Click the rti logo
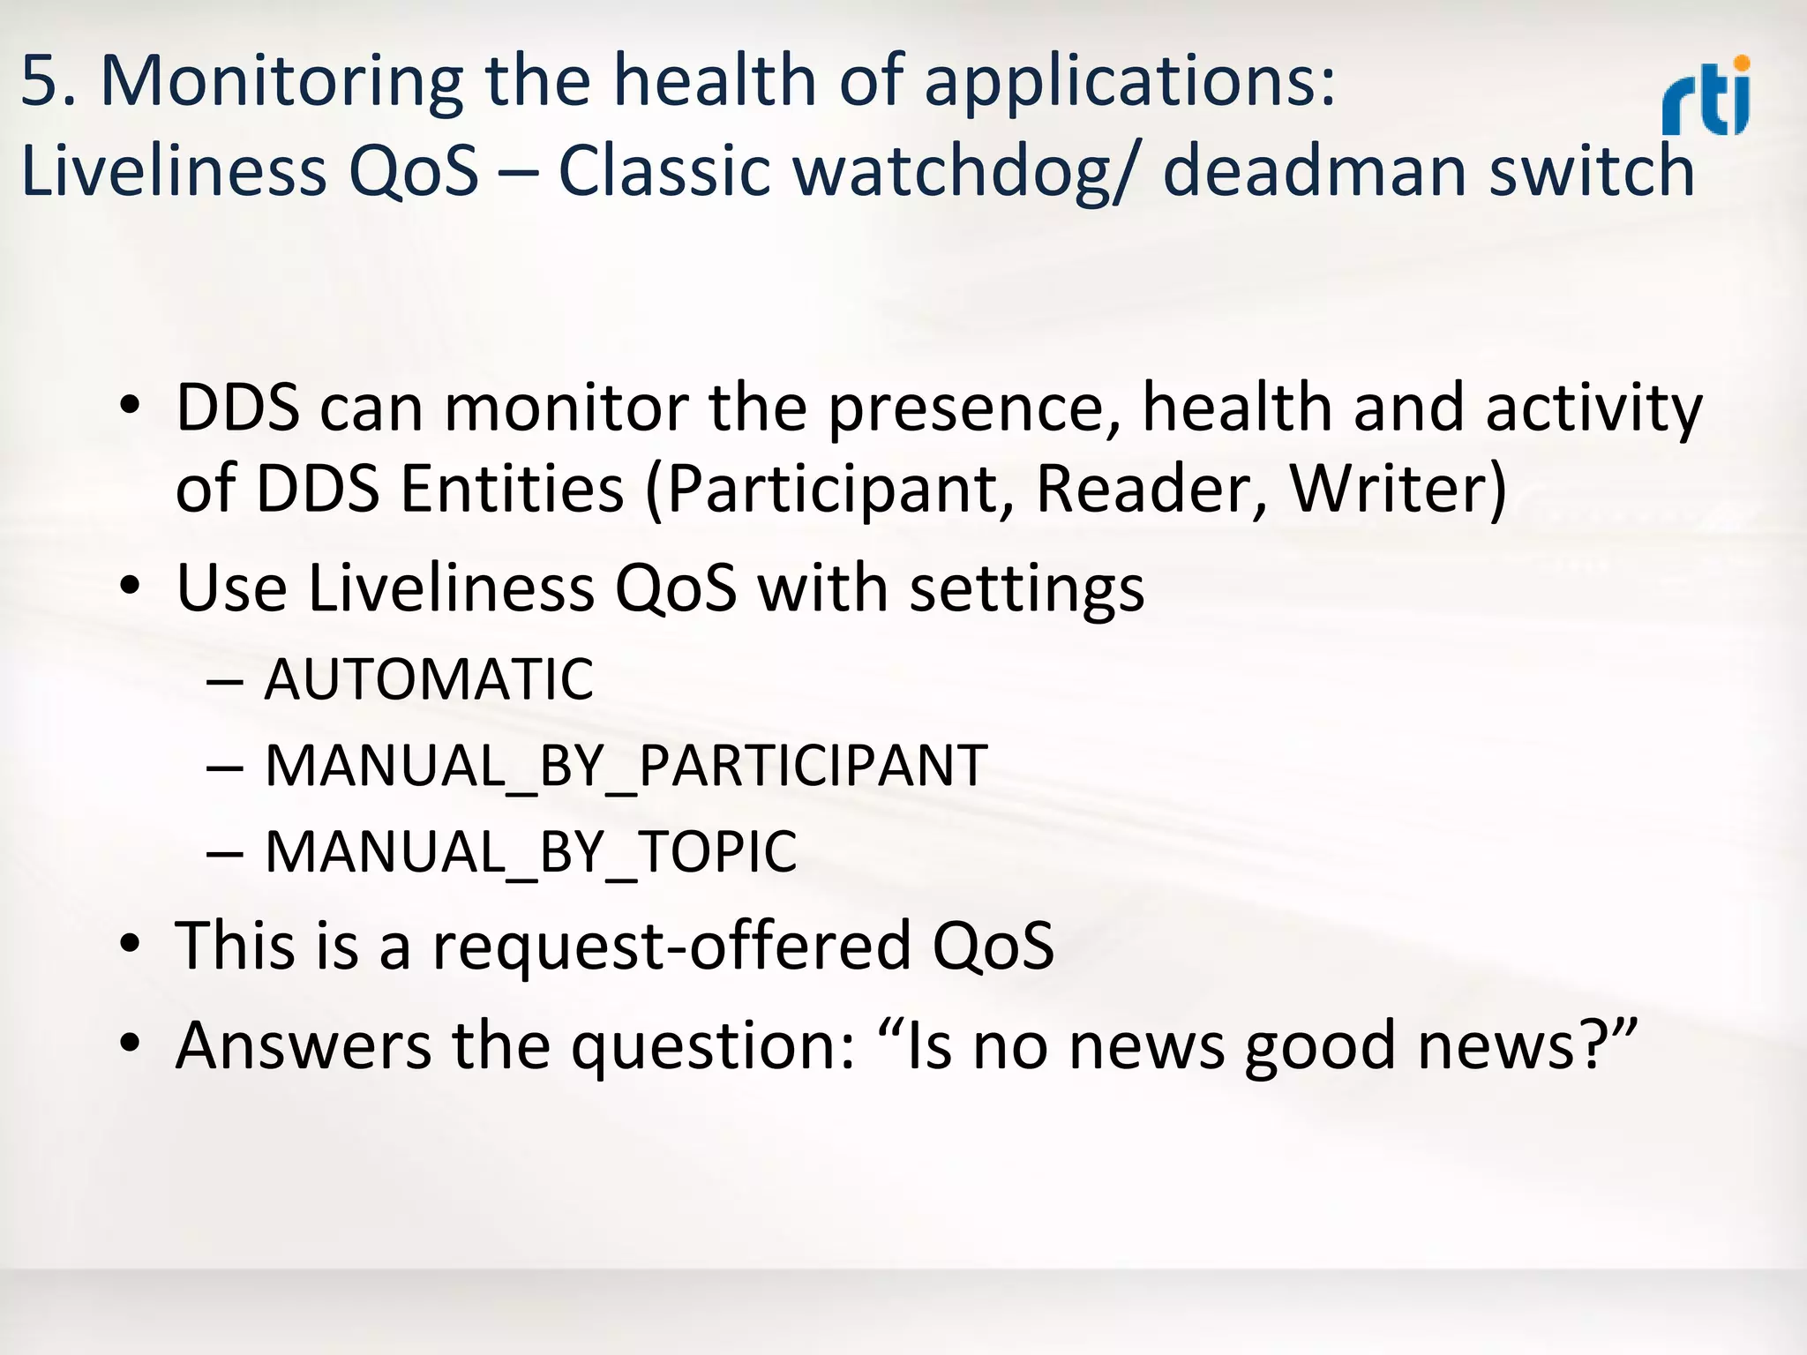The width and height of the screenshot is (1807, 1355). pyautogui.click(x=1706, y=99)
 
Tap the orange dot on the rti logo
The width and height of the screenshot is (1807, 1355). pyautogui.click(x=1741, y=64)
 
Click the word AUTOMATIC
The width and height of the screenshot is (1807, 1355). pyautogui.click(x=429, y=679)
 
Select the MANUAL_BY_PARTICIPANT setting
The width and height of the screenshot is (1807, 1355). pyautogui.click(x=626, y=766)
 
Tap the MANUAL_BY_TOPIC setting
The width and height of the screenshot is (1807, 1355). pyautogui.click(x=531, y=852)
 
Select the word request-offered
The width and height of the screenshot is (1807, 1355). pyautogui.click(x=671, y=946)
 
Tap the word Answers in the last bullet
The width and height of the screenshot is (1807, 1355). pyautogui.click(x=304, y=1045)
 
